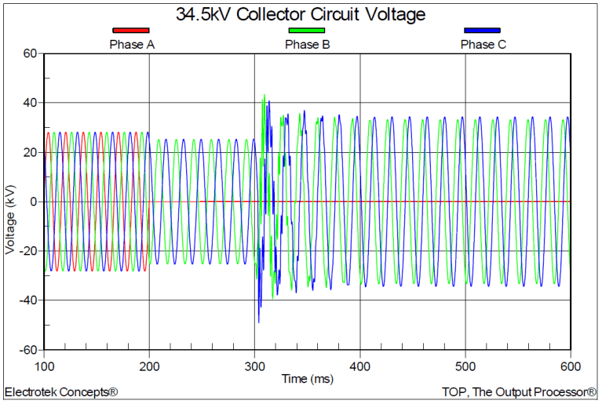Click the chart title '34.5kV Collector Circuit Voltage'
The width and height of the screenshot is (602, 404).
tap(301, 14)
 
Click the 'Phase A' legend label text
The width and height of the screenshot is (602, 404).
tap(131, 44)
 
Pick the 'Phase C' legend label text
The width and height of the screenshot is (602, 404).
tap(483, 44)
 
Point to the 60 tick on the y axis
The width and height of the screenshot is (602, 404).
tap(30, 53)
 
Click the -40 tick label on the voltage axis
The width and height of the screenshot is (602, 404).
tap(27, 300)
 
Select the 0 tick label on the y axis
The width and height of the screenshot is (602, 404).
tap(34, 202)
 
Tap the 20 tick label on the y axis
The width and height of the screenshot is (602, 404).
tap(30, 152)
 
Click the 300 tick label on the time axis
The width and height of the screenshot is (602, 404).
tap(254, 366)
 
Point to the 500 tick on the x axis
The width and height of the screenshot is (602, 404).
tap(465, 366)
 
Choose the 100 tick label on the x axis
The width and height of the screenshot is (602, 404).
tap(45, 366)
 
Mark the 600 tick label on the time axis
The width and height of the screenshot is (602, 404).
tap(570, 366)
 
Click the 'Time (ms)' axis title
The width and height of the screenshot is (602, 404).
tap(307, 379)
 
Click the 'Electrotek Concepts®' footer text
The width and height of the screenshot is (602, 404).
tap(61, 391)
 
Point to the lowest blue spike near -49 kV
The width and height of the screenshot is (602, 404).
tap(258, 322)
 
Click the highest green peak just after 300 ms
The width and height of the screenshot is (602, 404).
tap(264, 95)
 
